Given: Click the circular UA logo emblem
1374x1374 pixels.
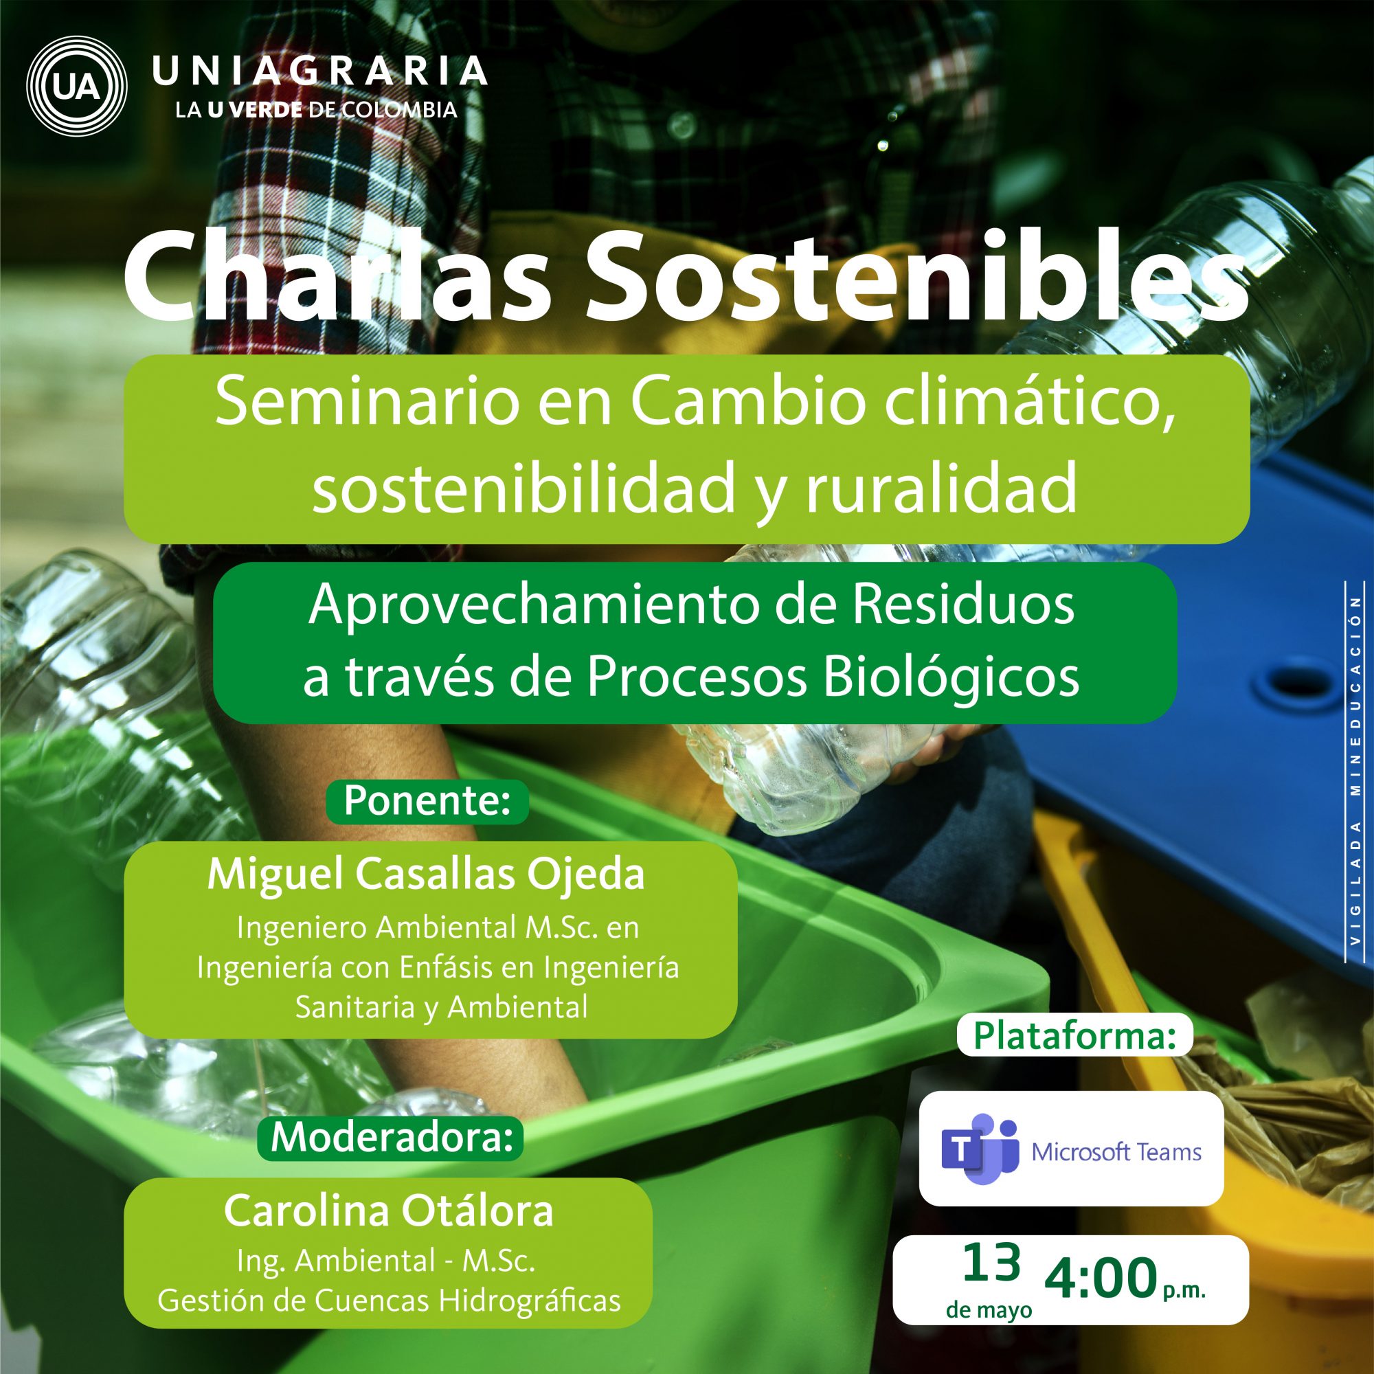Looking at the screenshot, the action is (x=76, y=85).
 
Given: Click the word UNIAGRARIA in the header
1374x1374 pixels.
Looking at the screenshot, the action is (x=320, y=71).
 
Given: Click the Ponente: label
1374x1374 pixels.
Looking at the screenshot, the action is (x=427, y=802).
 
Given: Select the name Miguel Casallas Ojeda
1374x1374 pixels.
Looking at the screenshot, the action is (x=426, y=875).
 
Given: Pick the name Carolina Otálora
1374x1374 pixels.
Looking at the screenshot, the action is (x=388, y=1212).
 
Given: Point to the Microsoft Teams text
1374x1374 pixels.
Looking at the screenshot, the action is (x=1116, y=1152).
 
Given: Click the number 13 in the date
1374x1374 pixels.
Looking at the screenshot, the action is (x=992, y=1264).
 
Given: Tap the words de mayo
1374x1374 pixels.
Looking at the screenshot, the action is (x=989, y=1311).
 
